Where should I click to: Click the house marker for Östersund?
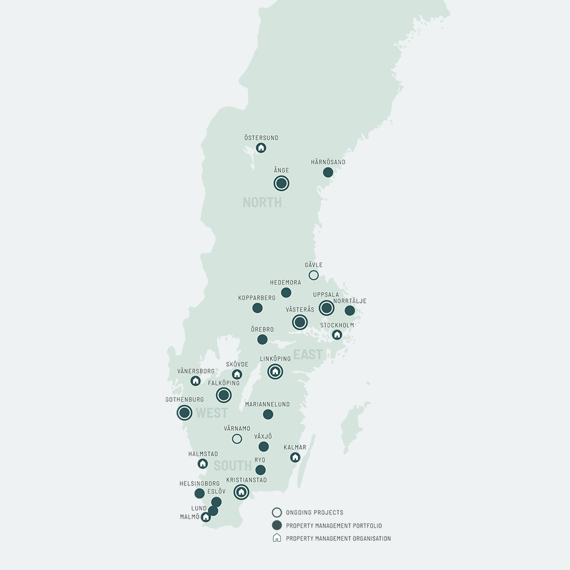pos(261,148)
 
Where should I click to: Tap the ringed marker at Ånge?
pos(282,183)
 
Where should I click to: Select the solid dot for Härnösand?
pos(328,172)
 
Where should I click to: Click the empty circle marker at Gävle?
pos(314,275)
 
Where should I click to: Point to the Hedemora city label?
pos(286,283)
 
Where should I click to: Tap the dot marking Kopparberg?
pos(257,308)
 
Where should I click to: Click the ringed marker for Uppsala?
pos(327,308)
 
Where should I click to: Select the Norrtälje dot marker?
pos(350,311)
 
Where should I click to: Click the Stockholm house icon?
pos(337,335)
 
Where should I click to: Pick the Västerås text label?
pos(300,309)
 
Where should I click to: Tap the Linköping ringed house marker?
pos(275,371)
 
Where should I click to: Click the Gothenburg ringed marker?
pos(185,412)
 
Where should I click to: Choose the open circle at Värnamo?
pos(237,439)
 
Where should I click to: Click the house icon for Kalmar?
pos(295,457)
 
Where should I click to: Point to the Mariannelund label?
pos(268,405)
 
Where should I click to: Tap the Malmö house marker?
pos(205,517)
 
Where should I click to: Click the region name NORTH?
pos(262,203)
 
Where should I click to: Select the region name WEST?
pos(212,413)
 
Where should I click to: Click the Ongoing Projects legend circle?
pos(277,513)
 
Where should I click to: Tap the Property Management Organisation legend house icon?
pos(277,538)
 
